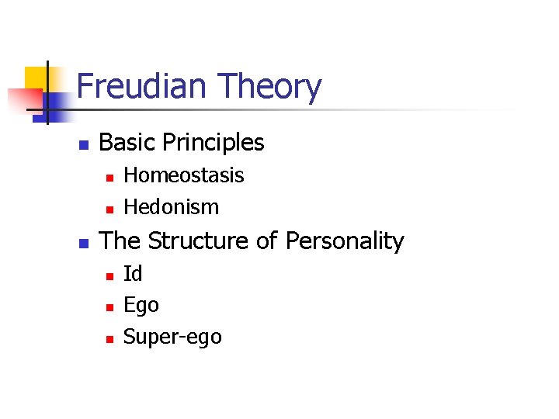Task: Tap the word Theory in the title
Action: pyautogui.click(x=270, y=87)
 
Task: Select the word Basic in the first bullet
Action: pyautogui.click(x=127, y=143)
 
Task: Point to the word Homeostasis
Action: pyautogui.click(x=184, y=175)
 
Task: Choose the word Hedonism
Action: pyautogui.click(x=172, y=207)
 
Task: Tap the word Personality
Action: pyautogui.click(x=345, y=241)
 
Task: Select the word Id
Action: pyautogui.click(x=133, y=274)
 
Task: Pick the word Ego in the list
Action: pyautogui.click(x=141, y=306)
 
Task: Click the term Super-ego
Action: pyautogui.click(x=172, y=338)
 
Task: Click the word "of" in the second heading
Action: pyautogui.click(x=266, y=241)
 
